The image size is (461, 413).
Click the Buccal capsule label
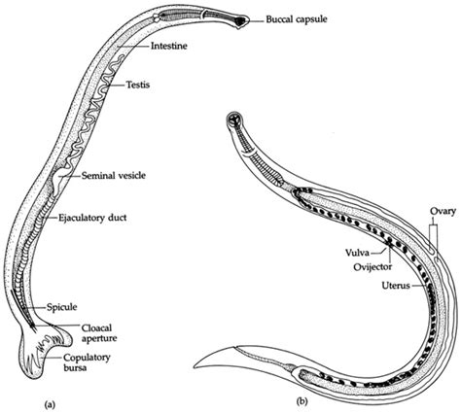[297, 19]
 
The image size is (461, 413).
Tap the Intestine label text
[169, 46]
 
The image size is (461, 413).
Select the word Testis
[138, 85]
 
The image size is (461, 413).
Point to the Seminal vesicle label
[113, 176]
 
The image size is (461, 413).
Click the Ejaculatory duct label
[92, 218]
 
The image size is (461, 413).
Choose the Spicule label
[61, 307]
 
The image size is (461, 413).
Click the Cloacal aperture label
[99, 333]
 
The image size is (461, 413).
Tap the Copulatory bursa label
[87, 362]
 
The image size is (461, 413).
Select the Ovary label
[443, 212]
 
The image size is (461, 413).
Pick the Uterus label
[396, 286]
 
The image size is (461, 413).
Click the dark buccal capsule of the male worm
[241, 21]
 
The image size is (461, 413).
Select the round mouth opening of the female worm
[234, 120]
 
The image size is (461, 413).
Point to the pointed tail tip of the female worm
[195, 367]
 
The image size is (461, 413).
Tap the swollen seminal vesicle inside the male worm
[60, 178]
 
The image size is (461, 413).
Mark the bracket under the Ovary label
[434, 237]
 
